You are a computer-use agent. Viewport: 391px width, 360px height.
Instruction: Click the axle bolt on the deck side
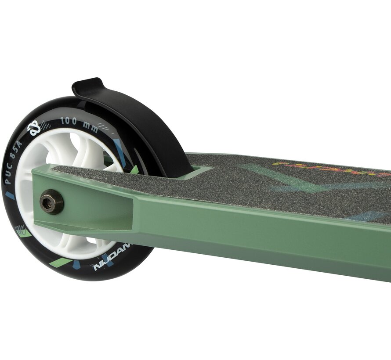click(x=51, y=202)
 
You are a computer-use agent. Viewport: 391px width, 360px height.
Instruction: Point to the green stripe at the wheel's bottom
click(x=60, y=262)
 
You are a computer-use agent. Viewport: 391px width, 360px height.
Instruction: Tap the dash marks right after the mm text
click(x=105, y=128)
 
